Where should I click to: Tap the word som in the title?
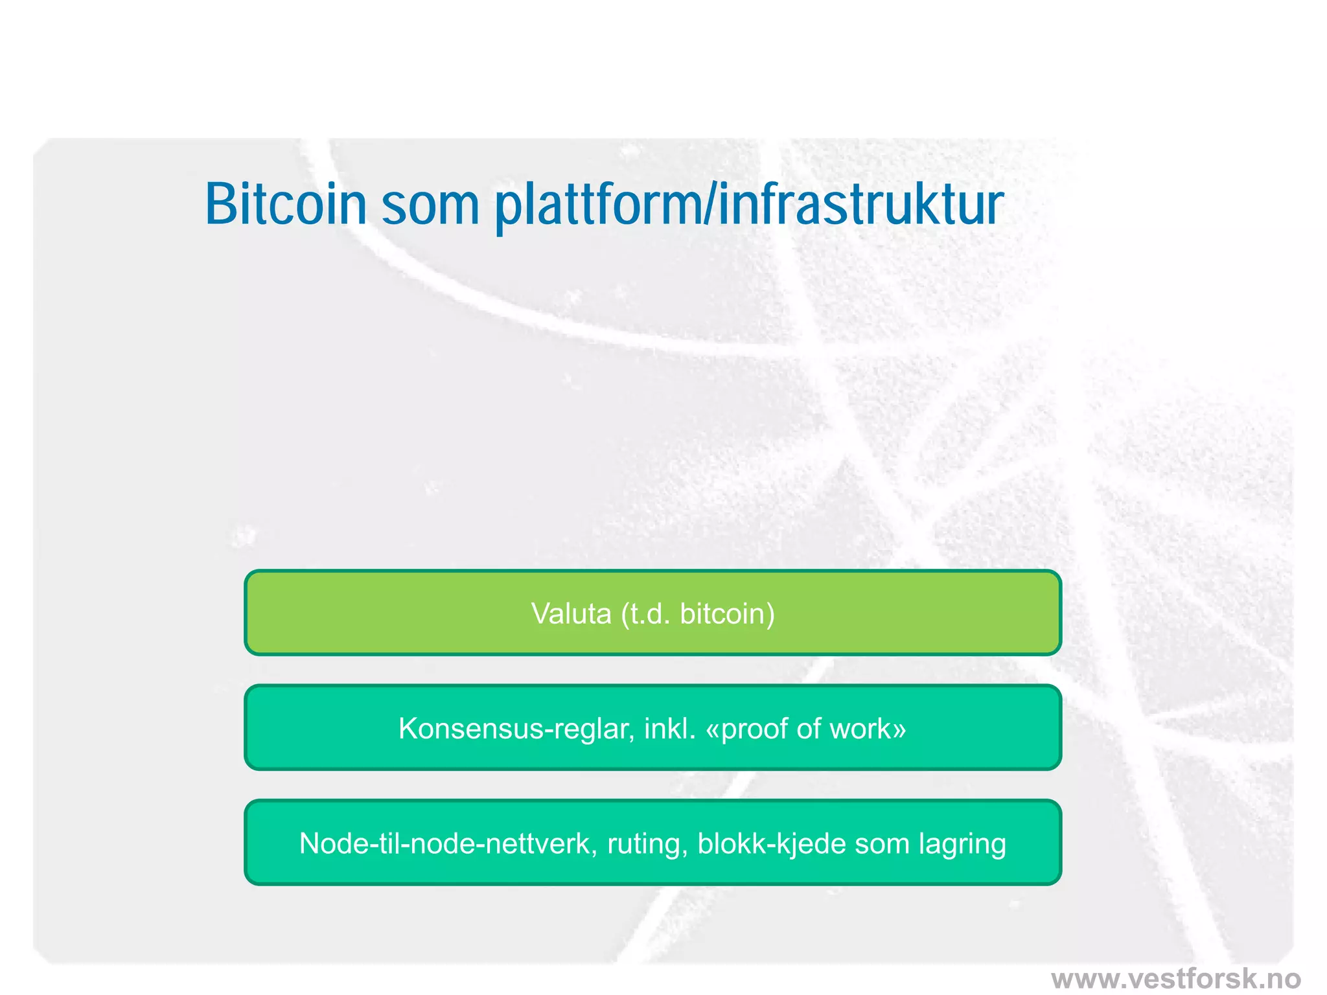coord(430,206)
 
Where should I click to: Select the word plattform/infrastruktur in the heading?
coord(749,206)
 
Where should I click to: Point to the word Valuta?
coord(571,613)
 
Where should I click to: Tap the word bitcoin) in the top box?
coord(727,613)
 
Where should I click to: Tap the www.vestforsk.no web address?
coord(1176,978)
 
